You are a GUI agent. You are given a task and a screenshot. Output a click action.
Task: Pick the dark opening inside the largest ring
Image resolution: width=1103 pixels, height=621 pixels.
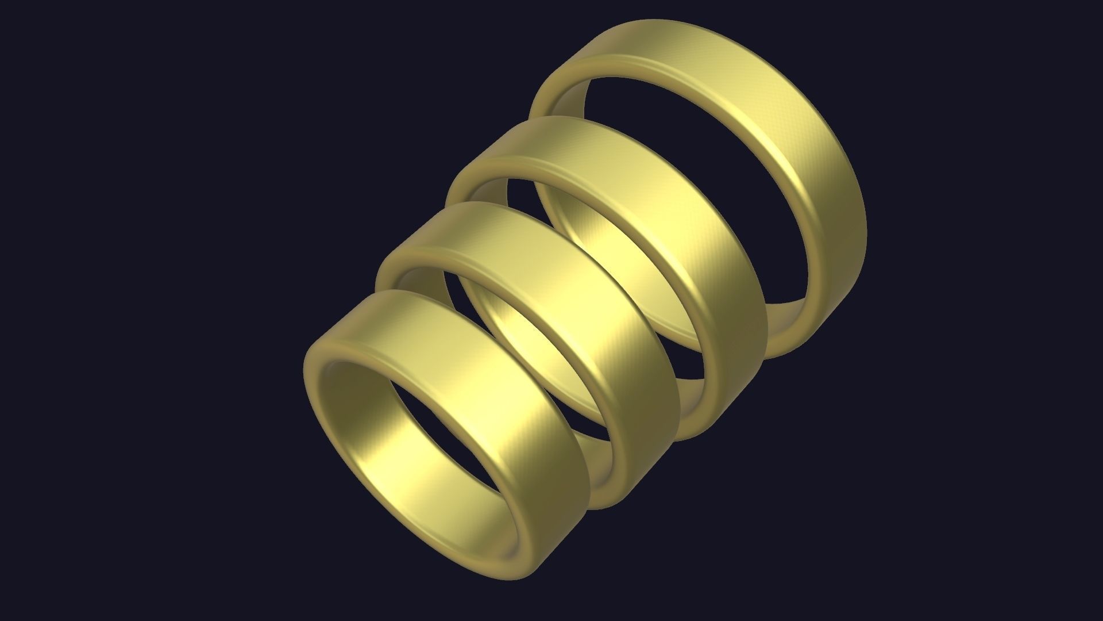pyautogui.click(x=689, y=172)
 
